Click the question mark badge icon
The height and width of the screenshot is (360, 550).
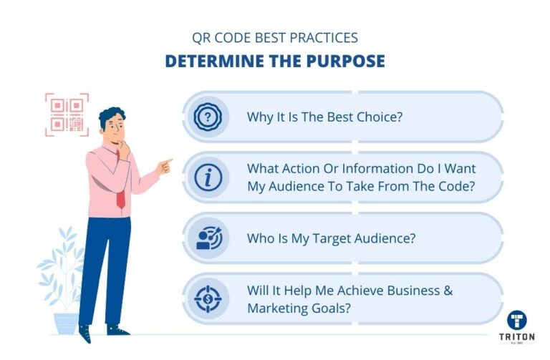click(208, 117)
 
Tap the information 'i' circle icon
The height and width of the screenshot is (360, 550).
click(208, 177)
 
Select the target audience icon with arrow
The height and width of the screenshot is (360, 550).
click(209, 238)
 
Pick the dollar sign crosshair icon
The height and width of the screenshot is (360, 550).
click(208, 299)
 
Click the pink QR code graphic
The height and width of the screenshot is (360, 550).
click(67, 115)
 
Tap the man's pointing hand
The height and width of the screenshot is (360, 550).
click(165, 167)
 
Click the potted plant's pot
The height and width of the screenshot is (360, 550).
click(67, 323)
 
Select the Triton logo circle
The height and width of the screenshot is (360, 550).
click(516, 320)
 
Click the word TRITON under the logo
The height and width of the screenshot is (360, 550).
click(517, 337)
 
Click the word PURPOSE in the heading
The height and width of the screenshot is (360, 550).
click(345, 61)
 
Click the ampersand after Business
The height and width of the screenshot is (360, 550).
click(448, 291)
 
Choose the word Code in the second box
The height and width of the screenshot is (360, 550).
click(456, 186)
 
